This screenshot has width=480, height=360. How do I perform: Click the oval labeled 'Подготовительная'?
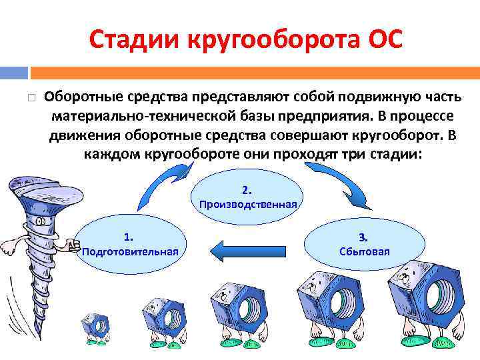129,244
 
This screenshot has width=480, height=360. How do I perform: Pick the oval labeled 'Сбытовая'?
363,244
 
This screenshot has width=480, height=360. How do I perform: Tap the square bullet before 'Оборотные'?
31,97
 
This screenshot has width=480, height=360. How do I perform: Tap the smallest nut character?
95,326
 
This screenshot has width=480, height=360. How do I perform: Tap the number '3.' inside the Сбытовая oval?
363,237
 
